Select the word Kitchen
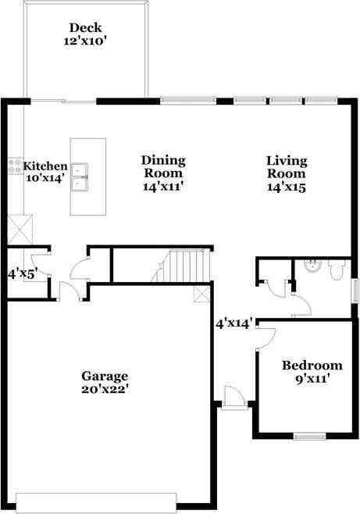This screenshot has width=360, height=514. [45, 166]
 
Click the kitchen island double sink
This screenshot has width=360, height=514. [79, 176]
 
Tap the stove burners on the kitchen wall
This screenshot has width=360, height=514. [15, 166]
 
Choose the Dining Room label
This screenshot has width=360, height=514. [162, 167]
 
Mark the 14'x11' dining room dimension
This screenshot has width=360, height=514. [162, 187]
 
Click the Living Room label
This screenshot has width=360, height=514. [287, 167]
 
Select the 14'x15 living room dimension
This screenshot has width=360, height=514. [287, 187]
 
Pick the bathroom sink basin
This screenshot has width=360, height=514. [313, 266]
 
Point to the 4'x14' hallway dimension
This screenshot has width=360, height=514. [234, 323]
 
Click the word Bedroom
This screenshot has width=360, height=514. [312, 366]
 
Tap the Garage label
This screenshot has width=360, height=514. [105, 376]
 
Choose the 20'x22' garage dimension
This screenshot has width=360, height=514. [105, 388]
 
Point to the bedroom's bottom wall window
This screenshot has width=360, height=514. [309, 436]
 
